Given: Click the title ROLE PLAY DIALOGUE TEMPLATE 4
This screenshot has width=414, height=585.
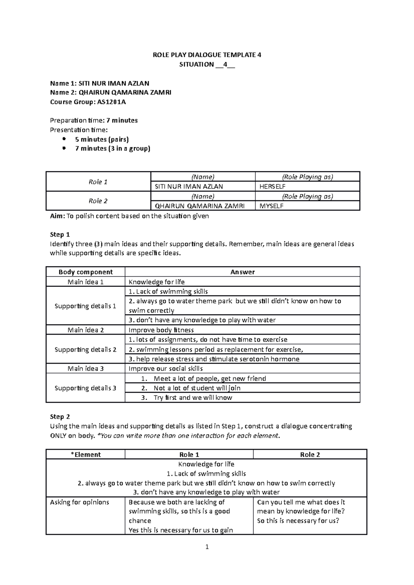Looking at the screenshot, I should point(207,55).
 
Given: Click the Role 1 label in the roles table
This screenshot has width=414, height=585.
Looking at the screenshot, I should point(98,182).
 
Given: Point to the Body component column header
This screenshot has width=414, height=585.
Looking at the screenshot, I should point(86,272).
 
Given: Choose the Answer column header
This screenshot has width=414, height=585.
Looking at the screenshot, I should point(242,272).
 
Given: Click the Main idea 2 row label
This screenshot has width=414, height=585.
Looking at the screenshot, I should point(86,330).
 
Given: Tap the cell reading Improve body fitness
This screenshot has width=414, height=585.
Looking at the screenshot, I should point(161,330).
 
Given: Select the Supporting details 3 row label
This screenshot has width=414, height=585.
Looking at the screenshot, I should point(86,388).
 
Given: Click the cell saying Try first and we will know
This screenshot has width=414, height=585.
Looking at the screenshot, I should point(193,398).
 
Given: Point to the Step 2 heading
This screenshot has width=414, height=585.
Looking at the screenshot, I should point(60,417).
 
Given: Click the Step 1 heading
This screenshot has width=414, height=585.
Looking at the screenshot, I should point(60,235).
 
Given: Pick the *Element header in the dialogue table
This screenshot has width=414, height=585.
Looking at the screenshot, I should point(86,455).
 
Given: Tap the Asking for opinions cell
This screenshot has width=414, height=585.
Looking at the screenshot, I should point(79,502).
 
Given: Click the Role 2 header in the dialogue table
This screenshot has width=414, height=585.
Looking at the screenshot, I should point(310,455).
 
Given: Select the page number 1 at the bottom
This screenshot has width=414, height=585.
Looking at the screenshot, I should point(207,547).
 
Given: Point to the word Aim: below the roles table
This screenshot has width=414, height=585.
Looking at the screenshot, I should point(57,216).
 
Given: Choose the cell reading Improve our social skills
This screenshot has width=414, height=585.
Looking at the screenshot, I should point(166,369).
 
